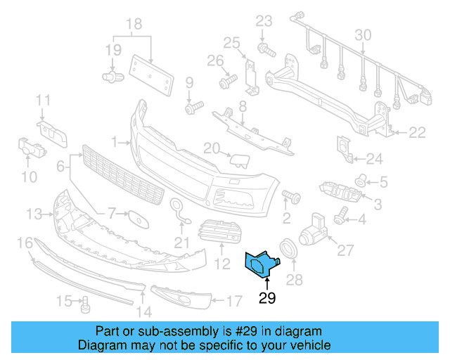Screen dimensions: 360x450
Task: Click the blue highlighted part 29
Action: click(259, 263)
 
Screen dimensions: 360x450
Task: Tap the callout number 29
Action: click(267, 297)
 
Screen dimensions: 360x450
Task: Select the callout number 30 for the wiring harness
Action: click(363, 35)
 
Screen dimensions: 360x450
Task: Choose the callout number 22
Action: click(417, 131)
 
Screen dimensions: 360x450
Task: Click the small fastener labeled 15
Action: click(86, 304)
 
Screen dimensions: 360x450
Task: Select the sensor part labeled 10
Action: click(30, 148)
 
